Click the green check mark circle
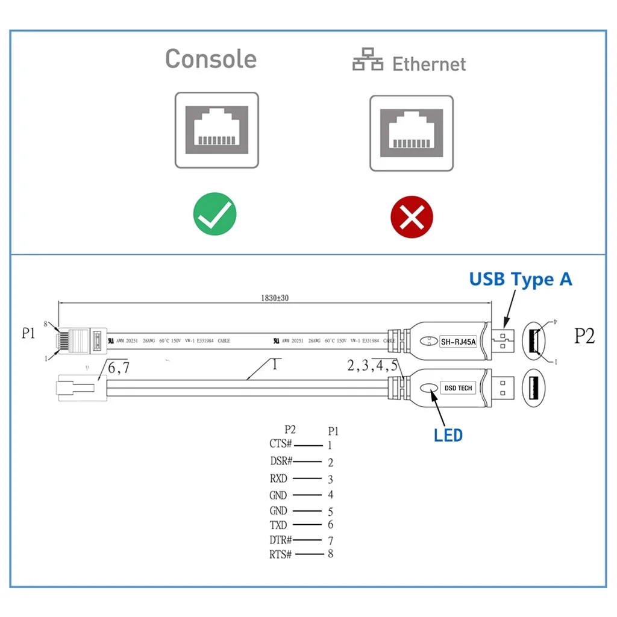click(x=215, y=214)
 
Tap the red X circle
click(x=412, y=216)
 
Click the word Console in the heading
click(x=211, y=59)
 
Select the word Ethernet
click(x=429, y=64)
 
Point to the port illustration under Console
click(x=216, y=130)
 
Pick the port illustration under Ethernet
click(x=411, y=133)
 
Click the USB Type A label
click(x=521, y=279)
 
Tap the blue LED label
click(x=448, y=434)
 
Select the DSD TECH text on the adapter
click(x=459, y=388)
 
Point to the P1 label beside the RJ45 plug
click(x=28, y=333)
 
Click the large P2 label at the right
click(x=584, y=336)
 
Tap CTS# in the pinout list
click(x=281, y=444)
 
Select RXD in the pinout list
click(x=279, y=479)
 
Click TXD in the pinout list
click(x=278, y=525)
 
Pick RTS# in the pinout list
click(x=281, y=554)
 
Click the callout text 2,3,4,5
click(x=372, y=365)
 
